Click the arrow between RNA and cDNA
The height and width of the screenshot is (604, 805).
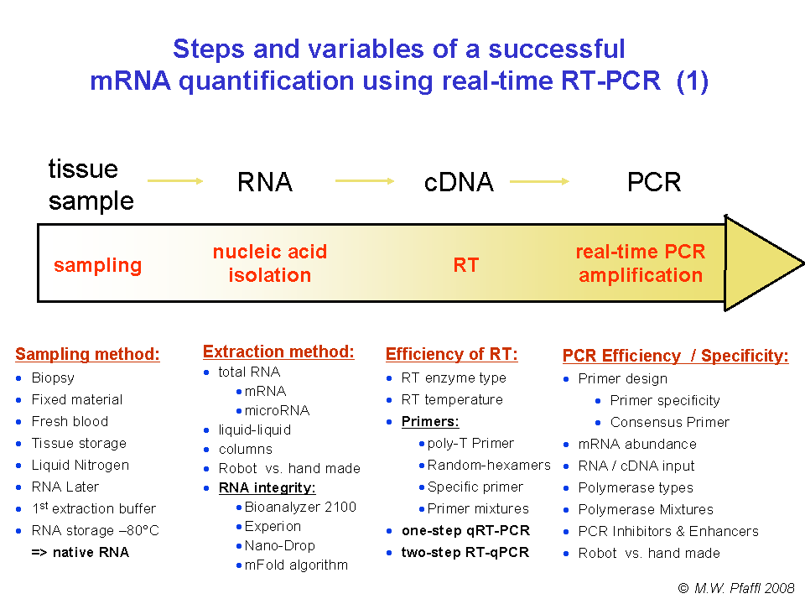pyautogui.click(x=365, y=180)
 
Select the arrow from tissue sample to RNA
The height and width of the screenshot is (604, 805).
pyautogui.click(x=175, y=180)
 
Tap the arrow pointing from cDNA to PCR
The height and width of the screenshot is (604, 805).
pyautogui.click(x=540, y=180)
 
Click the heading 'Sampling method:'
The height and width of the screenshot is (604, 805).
pyautogui.click(x=87, y=354)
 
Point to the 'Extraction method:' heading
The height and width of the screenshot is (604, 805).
pyautogui.click(x=278, y=351)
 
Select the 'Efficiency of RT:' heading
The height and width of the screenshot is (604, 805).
pyautogui.click(x=451, y=354)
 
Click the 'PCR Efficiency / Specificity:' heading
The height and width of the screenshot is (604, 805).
pyautogui.click(x=675, y=356)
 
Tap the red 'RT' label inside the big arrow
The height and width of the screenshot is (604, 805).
pyautogui.click(x=465, y=265)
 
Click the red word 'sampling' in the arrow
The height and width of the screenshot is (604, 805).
pyautogui.click(x=97, y=265)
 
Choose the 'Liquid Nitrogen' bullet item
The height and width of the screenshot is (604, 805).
pyautogui.click(x=80, y=465)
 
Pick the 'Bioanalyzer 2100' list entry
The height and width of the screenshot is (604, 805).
pyautogui.click(x=300, y=507)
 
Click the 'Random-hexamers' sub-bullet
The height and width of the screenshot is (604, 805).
pyautogui.click(x=489, y=465)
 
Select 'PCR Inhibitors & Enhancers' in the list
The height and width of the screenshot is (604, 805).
pyautogui.click(x=668, y=531)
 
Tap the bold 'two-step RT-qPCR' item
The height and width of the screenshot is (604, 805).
pyautogui.click(x=465, y=552)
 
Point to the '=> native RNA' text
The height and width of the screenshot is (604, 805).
pyautogui.click(x=80, y=552)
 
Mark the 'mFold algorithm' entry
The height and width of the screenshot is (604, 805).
pyautogui.click(x=296, y=565)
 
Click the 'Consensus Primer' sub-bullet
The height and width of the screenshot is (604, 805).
pyautogui.click(x=669, y=422)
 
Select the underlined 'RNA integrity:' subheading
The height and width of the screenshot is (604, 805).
pyautogui.click(x=267, y=487)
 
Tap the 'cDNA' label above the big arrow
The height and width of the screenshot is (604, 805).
pyautogui.click(x=459, y=182)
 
